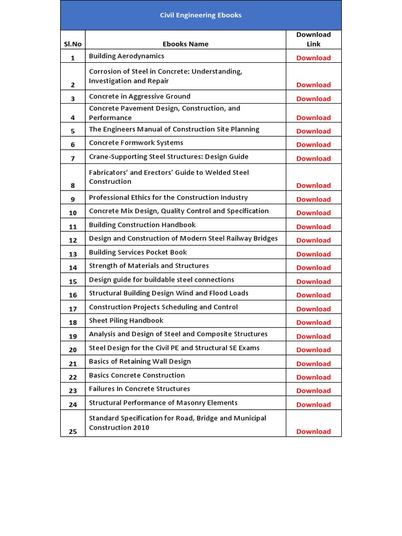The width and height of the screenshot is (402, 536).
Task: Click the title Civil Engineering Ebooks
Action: (x=200, y=15)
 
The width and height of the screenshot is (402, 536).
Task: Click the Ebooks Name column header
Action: (x=185, y=44)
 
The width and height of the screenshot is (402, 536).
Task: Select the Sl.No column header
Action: (x=73, y=44)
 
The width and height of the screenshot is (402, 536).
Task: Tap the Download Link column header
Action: (x=314, y=39)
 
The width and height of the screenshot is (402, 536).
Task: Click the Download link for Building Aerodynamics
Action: (x=314, y=58)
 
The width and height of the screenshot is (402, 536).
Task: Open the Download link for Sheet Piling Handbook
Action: (x=314, y=322)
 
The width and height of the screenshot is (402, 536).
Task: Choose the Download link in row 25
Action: (x=314, y=431)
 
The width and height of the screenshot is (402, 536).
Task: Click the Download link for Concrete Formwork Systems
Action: (x=314, y=144)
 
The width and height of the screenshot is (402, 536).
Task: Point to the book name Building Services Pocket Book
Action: (x=138, y=252)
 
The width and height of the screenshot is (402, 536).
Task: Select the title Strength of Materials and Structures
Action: (x=149, y=266)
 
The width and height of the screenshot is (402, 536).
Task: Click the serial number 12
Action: (x=73, y=240)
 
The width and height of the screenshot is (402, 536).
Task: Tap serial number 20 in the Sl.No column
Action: (x=73, y=350)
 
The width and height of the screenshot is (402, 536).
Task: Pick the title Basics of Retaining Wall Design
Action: (x=140, y=362)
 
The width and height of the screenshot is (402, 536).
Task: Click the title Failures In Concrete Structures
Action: (x=139, y=389)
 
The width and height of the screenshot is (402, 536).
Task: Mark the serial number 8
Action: (x=73, y=185)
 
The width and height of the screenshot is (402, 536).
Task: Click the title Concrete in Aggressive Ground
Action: (x=140, y=96)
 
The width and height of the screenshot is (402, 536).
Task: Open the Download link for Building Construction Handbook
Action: (x=314, y=227)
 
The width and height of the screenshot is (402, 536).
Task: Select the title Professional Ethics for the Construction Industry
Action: (x=169, y=197)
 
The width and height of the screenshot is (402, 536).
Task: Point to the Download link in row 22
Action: (x=314, y=377)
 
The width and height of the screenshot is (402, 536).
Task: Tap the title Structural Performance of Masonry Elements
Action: (x=163, y=403)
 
